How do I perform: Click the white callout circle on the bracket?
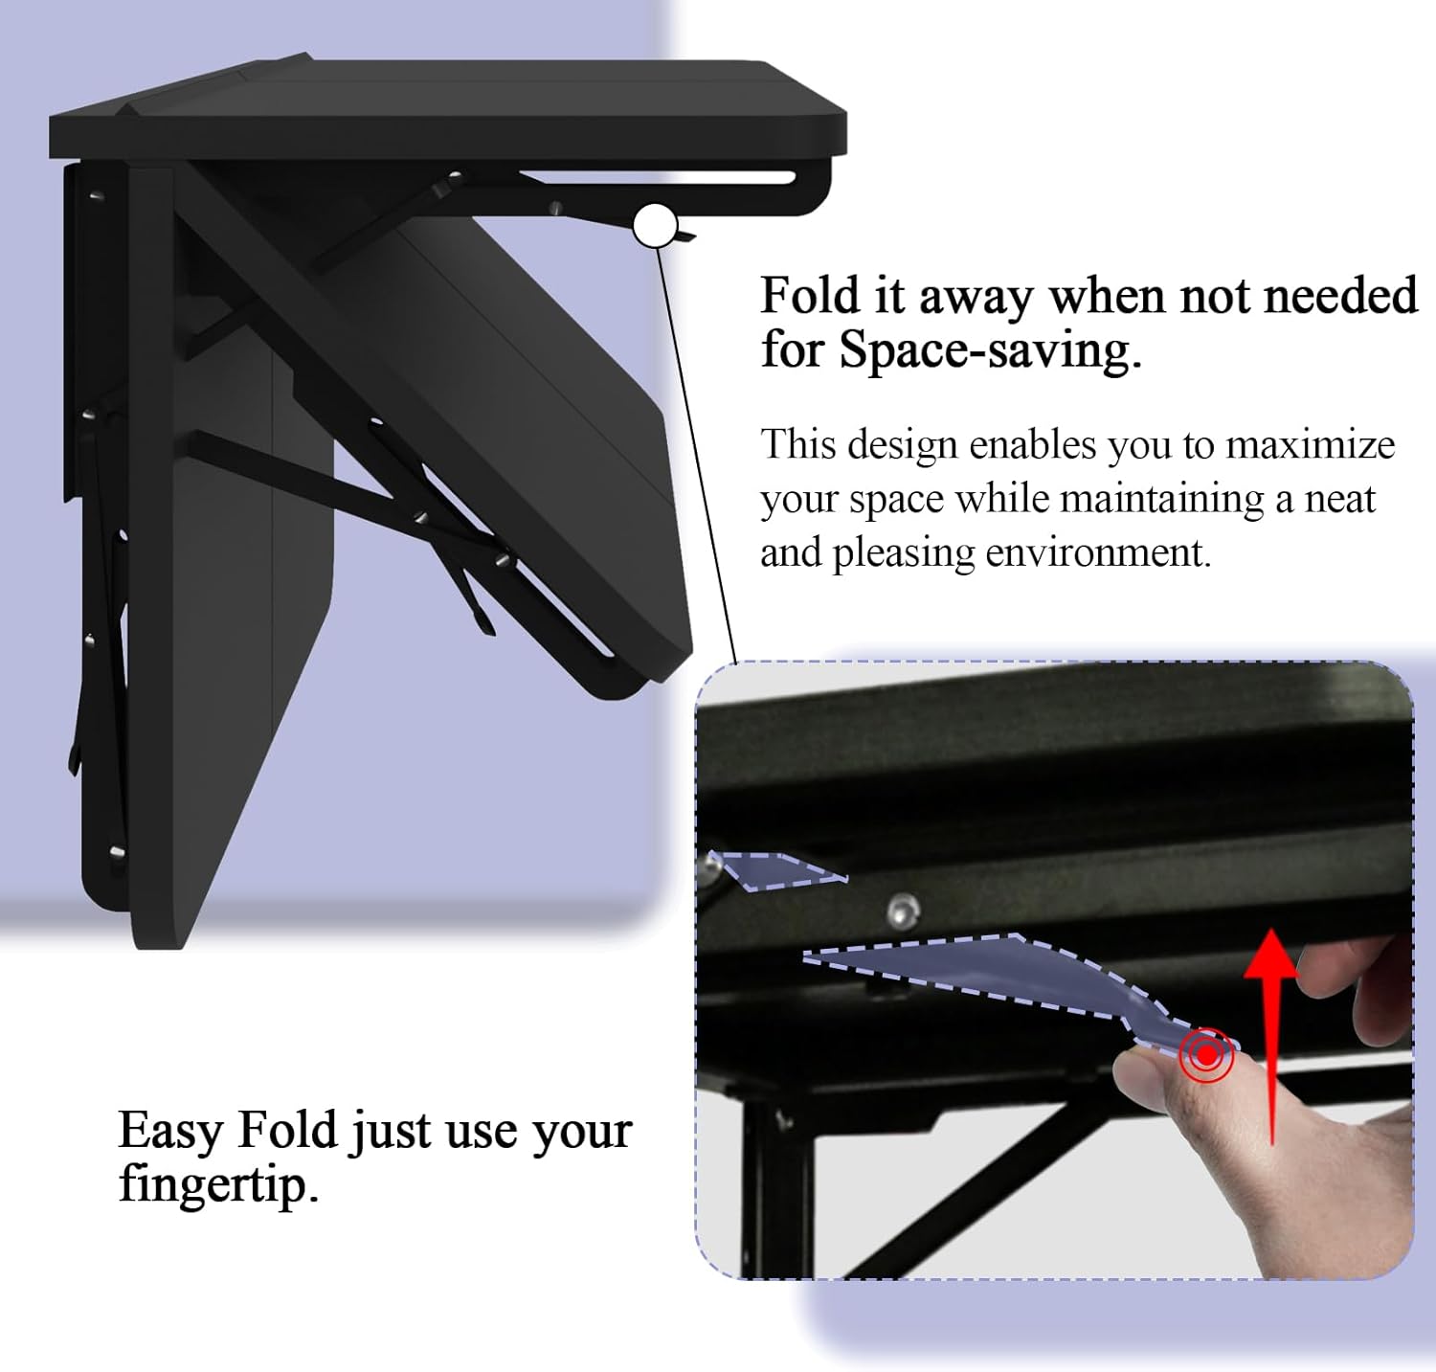click(655, 226)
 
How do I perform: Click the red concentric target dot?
click(1206, 1055)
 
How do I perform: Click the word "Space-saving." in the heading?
click(991, 351)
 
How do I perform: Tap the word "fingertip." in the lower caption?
click(218, 1185)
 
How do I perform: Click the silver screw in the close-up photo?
click(903, 911)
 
